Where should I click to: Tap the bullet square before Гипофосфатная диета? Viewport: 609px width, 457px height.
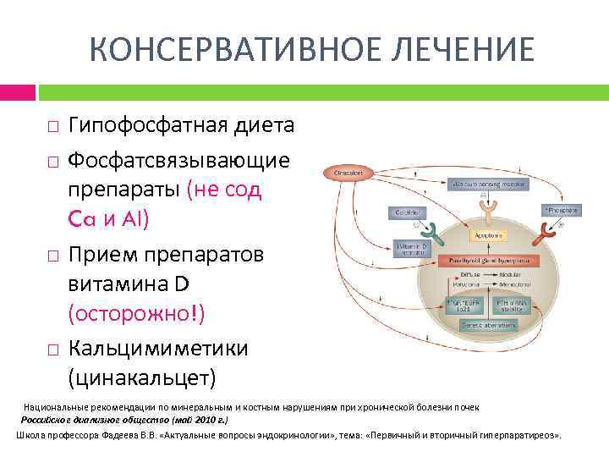point(52,128)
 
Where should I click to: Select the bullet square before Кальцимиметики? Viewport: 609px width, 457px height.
point(52,349)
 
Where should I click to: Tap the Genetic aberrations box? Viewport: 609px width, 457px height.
point(482,326)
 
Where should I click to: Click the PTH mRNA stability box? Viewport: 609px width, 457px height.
point(512,304)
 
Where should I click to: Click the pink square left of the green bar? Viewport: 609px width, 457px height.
point(18,91)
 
